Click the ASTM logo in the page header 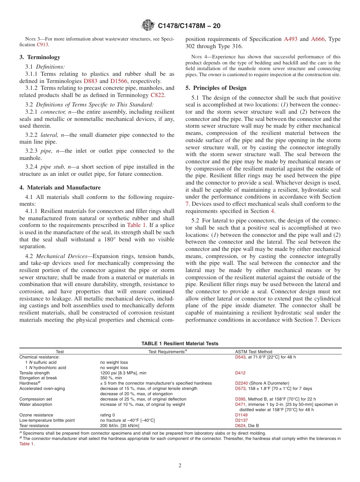[148, 25]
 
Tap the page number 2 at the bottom [180, 466]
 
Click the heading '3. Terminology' [39, 57]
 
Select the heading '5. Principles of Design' [216, 88]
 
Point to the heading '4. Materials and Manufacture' [60, 188]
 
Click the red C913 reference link [42, 45]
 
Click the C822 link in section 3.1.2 [157, 95]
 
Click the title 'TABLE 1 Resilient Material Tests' [180, 344]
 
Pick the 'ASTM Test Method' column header [254, 352]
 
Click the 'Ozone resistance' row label [36, 415]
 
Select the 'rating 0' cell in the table [108, 415]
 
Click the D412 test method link [240, 373]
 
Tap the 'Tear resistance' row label [34, 426]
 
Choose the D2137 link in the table [241, 421]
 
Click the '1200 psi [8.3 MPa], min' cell [123, 373]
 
